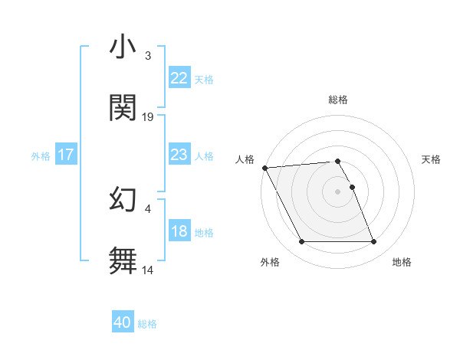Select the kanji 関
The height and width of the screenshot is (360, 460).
point(123,108)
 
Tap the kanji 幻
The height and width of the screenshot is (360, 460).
point(123,200)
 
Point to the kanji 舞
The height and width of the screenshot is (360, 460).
point(123,260)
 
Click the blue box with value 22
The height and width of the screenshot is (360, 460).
point(179,78)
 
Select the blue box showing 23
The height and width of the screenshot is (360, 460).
point(179,155)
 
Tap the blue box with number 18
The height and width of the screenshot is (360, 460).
point(179,232)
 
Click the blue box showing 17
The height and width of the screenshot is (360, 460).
point(66,155)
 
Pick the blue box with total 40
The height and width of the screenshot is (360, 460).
point(123,322)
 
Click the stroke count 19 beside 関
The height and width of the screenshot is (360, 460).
point(148,117)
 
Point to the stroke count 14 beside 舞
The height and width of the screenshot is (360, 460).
point(148,270)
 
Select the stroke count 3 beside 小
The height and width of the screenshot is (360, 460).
point(148,56)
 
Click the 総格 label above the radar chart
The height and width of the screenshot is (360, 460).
point(338,100)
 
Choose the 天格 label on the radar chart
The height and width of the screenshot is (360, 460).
point(431,159)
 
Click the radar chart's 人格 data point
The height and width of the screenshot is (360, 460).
point(264,168)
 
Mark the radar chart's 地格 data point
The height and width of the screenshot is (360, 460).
point(373,242)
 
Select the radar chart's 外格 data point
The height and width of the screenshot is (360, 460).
point(301,242)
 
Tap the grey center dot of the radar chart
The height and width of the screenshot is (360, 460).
point(338,191)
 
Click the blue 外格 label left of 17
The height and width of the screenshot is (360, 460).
point(41,155)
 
